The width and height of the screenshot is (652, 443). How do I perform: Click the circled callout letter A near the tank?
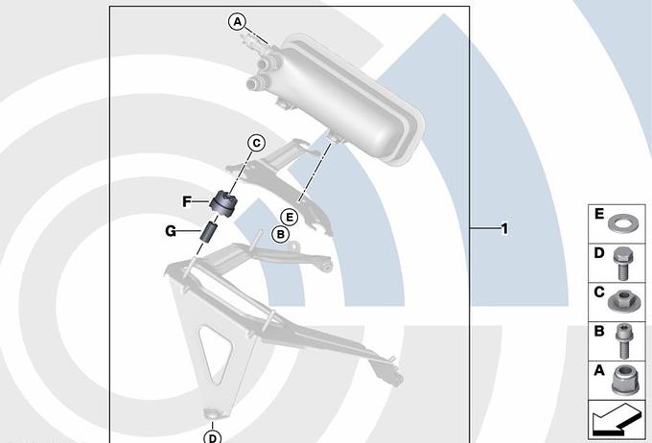[x=237, y=21]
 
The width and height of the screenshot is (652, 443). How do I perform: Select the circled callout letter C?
[x=257, y=143]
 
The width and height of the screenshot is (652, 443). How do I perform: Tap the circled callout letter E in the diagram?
[x=289, y=217]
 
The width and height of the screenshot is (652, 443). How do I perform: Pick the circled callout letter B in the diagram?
[x=280, y=235]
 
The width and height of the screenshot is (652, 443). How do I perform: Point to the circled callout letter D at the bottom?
[x=213, y=436]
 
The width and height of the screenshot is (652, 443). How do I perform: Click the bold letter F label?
[x=187, y=201]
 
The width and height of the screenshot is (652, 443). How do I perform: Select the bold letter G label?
[x=171, y=231]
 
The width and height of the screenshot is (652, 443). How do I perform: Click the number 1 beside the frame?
[x=504, y=228]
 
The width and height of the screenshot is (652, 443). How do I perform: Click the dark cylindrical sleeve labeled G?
[x=209, y=232]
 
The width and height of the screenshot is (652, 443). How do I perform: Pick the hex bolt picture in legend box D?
[x=623, y=263]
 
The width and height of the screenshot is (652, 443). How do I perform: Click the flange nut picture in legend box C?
[x=621, y=301]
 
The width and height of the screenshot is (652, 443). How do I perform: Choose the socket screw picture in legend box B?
[x=622, y=341]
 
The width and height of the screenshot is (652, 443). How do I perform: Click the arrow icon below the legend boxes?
[x=617, y=420]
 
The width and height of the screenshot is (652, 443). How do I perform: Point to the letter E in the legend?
[x=598, y=214]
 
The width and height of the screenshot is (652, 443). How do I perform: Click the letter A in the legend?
[x=598, y=370]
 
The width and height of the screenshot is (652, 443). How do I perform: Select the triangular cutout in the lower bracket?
[x=216, y=355]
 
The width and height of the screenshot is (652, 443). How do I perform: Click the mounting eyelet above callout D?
[x=214, y=413]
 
